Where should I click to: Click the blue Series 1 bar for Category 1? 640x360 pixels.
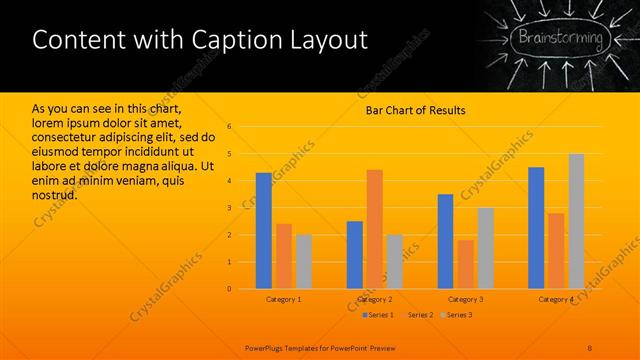[x=263, y=231]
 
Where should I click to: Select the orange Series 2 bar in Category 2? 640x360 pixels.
[x=374, y=229]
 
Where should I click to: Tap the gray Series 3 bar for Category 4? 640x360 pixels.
[x=576, y=221]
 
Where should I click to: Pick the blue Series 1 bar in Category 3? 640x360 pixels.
[x=445, y=241]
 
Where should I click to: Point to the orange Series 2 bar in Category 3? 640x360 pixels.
[x=465, y=264]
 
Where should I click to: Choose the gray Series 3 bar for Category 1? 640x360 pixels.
[x=303, y=261]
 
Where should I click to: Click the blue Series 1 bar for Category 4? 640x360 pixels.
[x=536, y=228]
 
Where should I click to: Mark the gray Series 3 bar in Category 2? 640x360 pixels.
[x=394, y=261]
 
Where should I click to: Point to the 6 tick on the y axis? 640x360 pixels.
[x=229, y=127]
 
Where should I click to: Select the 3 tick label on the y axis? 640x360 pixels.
[x=229, y=208]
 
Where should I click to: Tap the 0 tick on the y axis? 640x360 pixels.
[x=229, y=289]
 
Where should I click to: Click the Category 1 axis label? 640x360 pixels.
[x=283, y=299]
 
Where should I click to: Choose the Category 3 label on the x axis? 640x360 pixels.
[x=465, y=299]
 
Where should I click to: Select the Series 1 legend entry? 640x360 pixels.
[x=378, y=315]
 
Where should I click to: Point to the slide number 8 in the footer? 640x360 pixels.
[x=590, y=347]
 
